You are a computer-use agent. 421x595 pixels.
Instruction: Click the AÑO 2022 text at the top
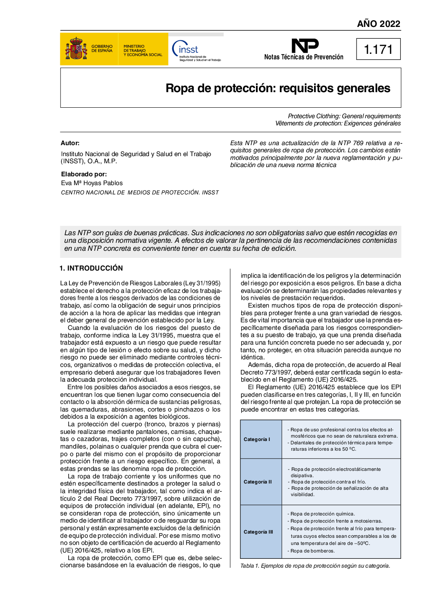tap(378, 24)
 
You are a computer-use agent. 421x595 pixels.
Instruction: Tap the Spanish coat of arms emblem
tap(76, 49)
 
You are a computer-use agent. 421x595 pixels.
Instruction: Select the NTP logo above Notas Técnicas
tap(305, 45)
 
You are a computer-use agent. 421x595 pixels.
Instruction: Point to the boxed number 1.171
tap(378, 50)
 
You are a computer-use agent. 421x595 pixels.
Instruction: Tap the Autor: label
tap(70, 143)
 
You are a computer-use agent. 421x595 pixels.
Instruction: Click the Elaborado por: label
tap(84, 174)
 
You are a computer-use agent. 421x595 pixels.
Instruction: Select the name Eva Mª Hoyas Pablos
tap(92, 183)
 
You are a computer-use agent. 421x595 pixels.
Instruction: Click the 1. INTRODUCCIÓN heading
tap(91, 268)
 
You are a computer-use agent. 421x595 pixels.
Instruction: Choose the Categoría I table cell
tap(257, 439)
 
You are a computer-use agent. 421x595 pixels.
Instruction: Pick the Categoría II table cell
tap(258, 482)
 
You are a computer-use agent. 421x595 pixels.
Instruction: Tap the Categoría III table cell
tap(258, 532)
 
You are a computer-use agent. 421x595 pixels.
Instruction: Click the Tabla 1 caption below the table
tap(315, 566)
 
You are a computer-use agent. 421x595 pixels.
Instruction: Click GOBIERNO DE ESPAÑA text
tap(102, 48)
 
